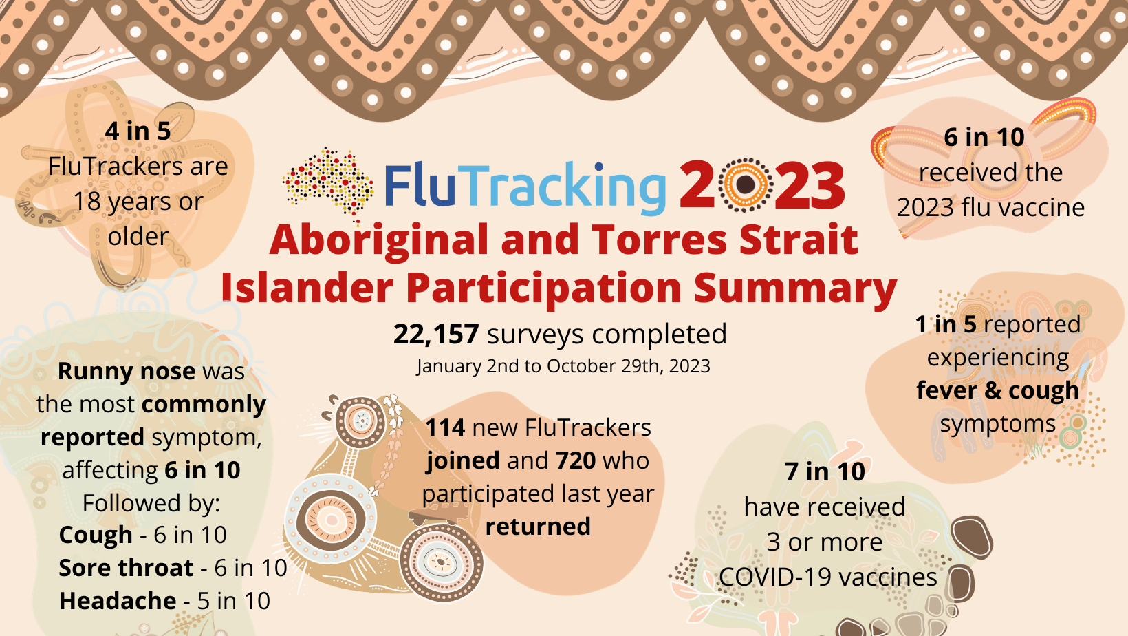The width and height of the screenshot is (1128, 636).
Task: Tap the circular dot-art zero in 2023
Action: (x=746, y=184)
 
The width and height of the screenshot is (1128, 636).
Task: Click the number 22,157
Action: (x=435, y=334)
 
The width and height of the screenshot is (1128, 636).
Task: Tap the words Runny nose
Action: (x=127, y=372)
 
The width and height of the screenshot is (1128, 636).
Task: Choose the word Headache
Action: (x=118, y=601)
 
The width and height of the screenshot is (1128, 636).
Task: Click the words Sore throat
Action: (x=126, y=568)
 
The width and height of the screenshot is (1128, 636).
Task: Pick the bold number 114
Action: (x=445, y=428)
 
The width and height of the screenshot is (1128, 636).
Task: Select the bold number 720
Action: (x=576, y=460)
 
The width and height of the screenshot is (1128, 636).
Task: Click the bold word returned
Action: (x=538, y=527)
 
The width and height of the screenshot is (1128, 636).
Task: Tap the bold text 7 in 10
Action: (x=825, y=471)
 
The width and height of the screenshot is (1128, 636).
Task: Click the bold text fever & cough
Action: (x=997, y=390)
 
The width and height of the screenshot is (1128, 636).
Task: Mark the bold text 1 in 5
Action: (x=946, y=324)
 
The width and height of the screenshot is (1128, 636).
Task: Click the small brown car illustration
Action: (x=439, y=513)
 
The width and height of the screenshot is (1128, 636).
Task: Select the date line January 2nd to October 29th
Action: (x=563, y=366)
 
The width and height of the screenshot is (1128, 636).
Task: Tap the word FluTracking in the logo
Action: (x=525, y=186)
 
